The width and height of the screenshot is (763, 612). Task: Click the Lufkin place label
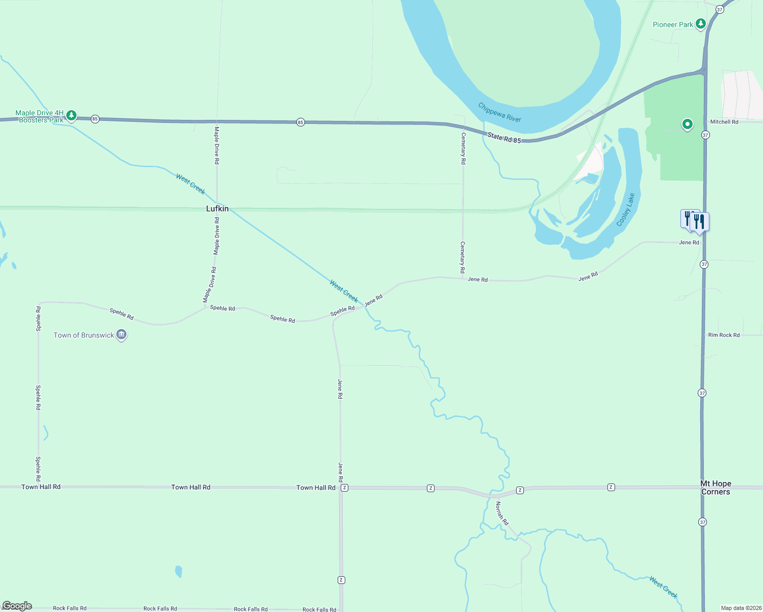[x=217, y=209]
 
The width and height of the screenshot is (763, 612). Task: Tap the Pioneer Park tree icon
[x=701, y=23]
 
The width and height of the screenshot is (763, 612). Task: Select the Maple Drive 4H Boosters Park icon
[x=71, y=116]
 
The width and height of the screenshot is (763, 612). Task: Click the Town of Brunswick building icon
[x=121, y=335]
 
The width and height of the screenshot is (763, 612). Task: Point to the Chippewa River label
[x=499, y=112]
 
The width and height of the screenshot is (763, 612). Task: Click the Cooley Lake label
[x=625, y=210]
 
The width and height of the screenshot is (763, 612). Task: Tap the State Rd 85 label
[x=504, y=138]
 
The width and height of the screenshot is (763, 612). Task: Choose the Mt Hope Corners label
[x=716, y=488]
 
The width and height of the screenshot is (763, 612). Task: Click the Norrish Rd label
[x=502, y=513]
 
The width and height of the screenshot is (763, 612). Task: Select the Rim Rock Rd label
[x=724, y=335]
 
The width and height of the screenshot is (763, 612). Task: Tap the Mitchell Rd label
[x=724, y=122]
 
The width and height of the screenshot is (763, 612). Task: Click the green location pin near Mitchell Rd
[x=688, y=124]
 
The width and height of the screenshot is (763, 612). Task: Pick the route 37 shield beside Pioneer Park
[x=720, y=10]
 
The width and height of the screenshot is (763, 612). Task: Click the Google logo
[x=17, y=606]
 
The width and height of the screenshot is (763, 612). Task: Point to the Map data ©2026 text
[x=740, y=608]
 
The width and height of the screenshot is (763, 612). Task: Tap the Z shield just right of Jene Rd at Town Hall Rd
[x=345, y=488]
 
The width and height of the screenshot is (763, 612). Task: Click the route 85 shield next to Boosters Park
[x=95, y=119]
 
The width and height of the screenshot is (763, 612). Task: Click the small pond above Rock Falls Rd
[x=179, y=571]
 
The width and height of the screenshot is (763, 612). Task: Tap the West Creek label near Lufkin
[x=190, y=184]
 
